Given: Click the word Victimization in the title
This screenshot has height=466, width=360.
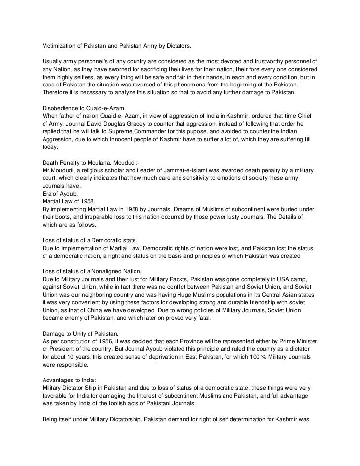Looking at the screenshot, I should (x=58, y=46).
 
